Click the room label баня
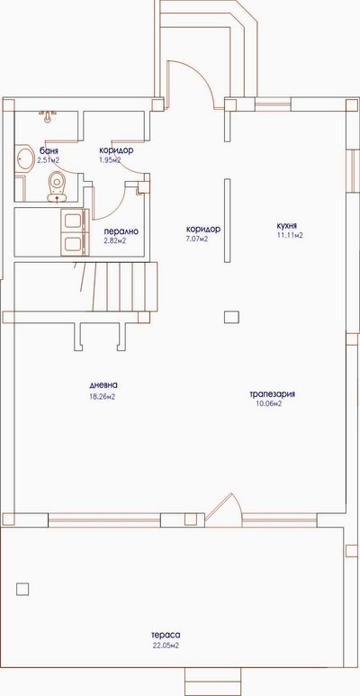pyautogui.click(x=49, y=150)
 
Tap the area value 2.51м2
pyautogui.click(x=49, y=159)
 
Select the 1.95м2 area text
pyautogui.click(x=111, y=159)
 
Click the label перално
pyautogui.click(x=121, y=231)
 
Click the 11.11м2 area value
pyautogui.click(x=290, y=236)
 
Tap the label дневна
pyautogui.click(x=104, y=384)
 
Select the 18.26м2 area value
pyautogui.click(x=103, y=397)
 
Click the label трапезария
pyautogui.click(x=273, y=394)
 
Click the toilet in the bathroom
pyautogui.click(x=57, y=186)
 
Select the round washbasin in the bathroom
pyautogui.click(x=25, y=158)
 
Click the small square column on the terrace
pyautogui.click(x=22, y=589)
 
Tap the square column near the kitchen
pyautogui.click(x=231, y=317)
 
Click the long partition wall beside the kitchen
pyautogui.click(x=227, y=221)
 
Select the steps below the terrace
pyautogui.click(x=212, y=681)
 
